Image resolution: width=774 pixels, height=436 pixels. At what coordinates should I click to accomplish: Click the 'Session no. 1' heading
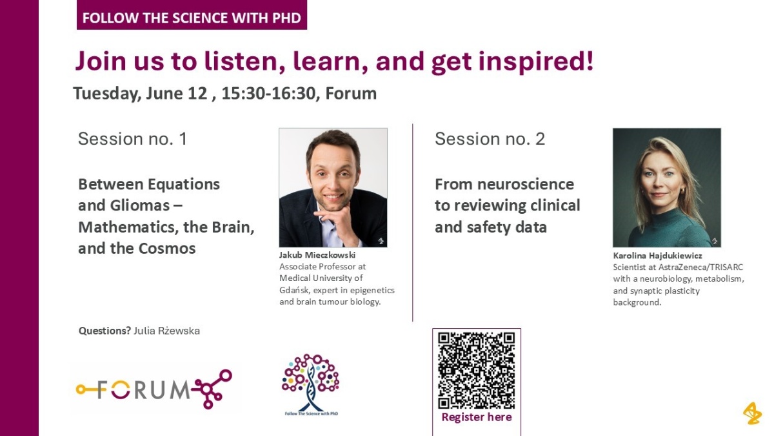tap(133, 139)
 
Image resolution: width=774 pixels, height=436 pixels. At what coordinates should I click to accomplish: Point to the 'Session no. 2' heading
tap(490, 139)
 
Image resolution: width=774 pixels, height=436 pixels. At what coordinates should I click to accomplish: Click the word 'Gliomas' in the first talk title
tap(139, 205)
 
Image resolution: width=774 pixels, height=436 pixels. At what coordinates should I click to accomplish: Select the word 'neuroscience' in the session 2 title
tap(526, 185)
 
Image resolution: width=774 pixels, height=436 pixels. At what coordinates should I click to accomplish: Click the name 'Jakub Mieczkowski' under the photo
tap(317, 255)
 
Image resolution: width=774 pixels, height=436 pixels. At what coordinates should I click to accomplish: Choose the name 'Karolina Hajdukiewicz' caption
tap(657, 256)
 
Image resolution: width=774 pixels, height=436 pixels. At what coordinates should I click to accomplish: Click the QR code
tap(477, 371)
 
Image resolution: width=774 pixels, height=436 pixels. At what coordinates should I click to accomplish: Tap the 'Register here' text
tap(477, 417)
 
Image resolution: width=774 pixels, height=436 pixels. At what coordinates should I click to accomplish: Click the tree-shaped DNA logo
tap(311, 384)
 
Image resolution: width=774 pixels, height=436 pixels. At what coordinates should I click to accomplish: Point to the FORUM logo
tap(154, 389)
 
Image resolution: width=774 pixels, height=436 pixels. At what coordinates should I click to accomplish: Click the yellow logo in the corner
tap(752, 413)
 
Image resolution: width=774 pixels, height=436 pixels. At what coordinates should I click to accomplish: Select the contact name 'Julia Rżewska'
tap(166, 331)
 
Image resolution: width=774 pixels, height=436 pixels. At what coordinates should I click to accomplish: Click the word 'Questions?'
tap(104, 331)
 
